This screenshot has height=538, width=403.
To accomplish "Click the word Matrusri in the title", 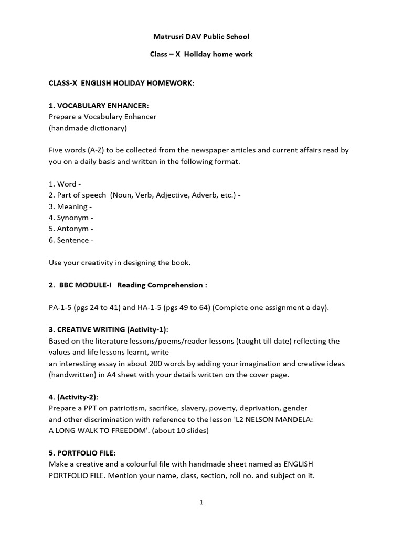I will point(167,37).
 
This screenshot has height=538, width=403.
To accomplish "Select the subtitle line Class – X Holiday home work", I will point(201,54).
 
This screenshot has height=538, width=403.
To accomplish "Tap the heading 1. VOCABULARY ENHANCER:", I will point(95,106).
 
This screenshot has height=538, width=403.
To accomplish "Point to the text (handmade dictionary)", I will point(88,128).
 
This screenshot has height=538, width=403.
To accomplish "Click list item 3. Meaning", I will point(70,206).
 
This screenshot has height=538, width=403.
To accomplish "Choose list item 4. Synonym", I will point(71,218).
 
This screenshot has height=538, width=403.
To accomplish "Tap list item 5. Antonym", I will point(71,229).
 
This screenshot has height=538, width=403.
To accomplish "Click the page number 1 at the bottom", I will point(201,503).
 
